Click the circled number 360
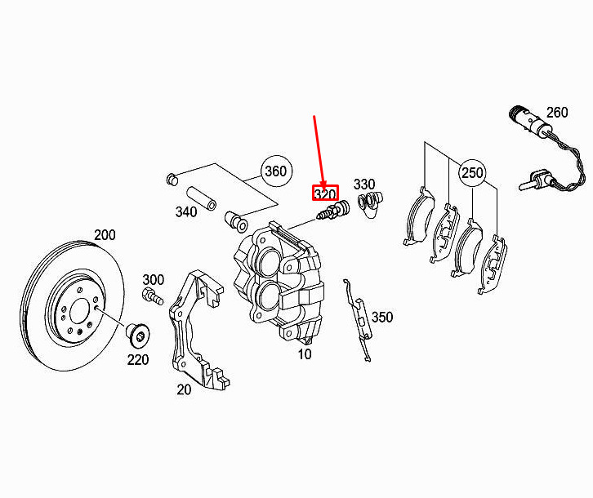coord(276,171)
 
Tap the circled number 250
coord(472,173)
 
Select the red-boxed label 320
coord(325,193)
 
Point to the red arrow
coord(319,152)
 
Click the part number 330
coord(364,185)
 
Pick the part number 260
coord(557,113)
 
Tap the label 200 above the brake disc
coord(105,235)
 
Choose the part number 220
coord(138,359)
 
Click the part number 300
coord(154,280)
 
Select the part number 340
coord(186,211)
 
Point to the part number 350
coord(382,317)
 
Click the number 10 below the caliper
coord(305,354)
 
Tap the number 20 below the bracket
coord(184,389)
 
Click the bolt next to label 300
coord(153,296)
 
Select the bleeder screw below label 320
coord(332,211)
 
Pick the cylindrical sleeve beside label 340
coord(201,198)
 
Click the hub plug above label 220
coord(138,335)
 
